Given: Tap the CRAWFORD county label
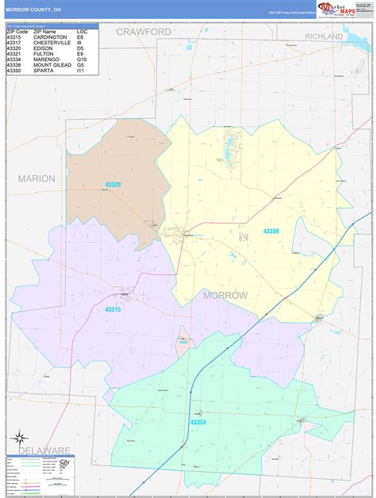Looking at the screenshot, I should point(144,32).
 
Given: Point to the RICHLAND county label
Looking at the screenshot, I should point(323,36).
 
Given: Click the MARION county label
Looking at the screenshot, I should point(36,178).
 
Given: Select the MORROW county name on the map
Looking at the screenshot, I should point(225,295).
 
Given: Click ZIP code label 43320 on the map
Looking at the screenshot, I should point(113,184).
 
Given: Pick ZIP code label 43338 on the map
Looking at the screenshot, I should point(272,231).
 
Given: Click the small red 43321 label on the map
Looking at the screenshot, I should point(183,342).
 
